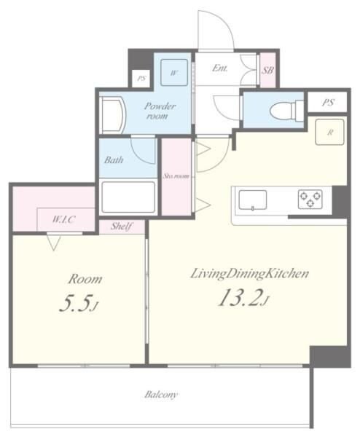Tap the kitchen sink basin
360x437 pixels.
pos(251,199)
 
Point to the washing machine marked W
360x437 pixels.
pos(174,71)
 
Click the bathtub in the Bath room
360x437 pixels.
pos(128,197)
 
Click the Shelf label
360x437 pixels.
pos(121,227)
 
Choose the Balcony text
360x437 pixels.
pos(160,395)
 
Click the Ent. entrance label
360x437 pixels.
pos(219,68)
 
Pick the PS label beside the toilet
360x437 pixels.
pos(327,103)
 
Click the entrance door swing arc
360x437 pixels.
pos(216,29)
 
